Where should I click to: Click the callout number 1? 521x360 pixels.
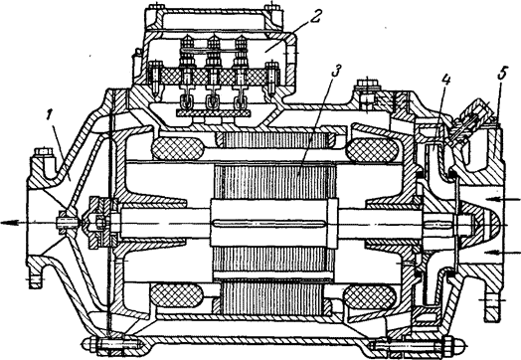coord(50,116)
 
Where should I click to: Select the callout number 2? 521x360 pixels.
coord(314,16)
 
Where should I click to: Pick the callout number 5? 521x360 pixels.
coord(502,74)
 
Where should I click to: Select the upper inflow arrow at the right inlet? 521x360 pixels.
coord(503,200)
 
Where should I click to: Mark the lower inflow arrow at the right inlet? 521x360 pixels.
coord(505,252)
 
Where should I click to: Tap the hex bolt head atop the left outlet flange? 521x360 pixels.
coord(43,153)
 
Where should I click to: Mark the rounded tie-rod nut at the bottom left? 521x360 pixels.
coord(90,343)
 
